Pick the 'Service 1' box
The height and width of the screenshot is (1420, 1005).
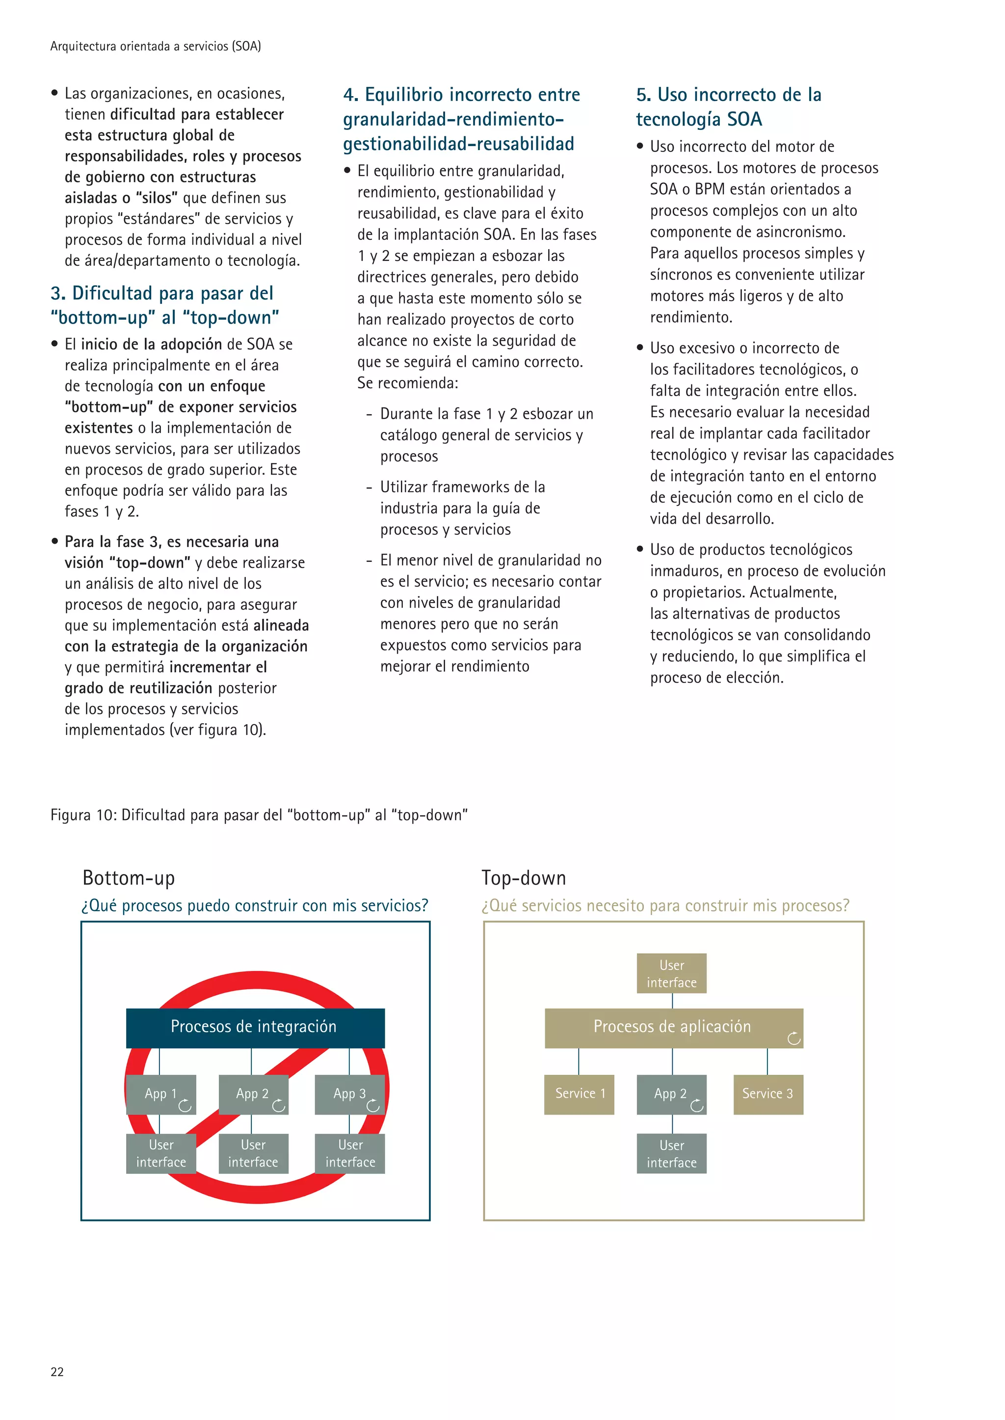coord(579,1094)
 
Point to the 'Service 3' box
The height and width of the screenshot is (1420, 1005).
coord(768,1094)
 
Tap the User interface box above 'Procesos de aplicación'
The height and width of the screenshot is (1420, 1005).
coord(671,973)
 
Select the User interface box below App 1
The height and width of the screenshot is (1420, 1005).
coord(161,1153)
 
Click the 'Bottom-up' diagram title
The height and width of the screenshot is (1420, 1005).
coord(129,878)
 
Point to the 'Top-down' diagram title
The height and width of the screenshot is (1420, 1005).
coord(524,878)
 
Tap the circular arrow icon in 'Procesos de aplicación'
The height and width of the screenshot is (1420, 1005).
coord(794,1039)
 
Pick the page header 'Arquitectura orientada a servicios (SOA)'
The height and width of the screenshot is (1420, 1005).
coord(156,47)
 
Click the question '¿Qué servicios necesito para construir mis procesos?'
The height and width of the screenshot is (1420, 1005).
coord(665,906)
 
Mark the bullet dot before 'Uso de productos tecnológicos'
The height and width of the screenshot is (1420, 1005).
coord(640,549)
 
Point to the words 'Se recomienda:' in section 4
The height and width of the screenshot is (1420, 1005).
coord(407,383)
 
